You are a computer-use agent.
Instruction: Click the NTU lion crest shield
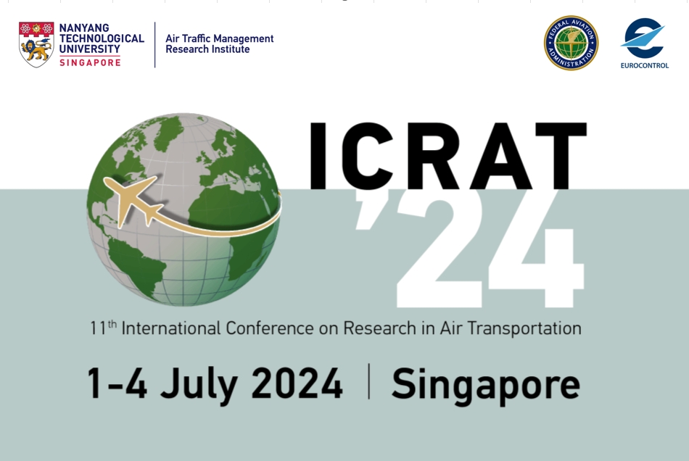(x=36, y=44)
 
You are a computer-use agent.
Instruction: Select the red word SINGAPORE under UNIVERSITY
(x=90, y=62)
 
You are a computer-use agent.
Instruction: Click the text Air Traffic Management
(x=219, y=38)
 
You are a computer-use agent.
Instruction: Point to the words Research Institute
(x=207, y=50)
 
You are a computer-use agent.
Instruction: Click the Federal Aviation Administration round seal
(x=571, y=43)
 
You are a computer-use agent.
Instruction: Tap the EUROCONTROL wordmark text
(x=644, y=65)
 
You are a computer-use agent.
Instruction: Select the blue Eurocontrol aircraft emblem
(x=643, y=38)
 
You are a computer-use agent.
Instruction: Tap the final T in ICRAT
(x=559, y=156)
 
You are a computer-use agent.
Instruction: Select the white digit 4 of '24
(x=537, y=250)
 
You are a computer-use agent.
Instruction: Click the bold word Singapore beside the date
(x=485, y=384)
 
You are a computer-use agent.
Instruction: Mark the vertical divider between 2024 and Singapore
(x=368, y=382)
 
